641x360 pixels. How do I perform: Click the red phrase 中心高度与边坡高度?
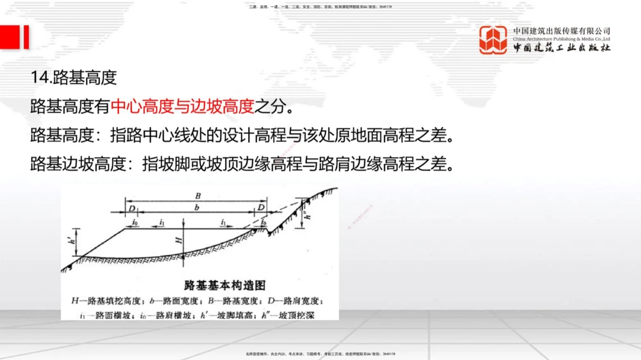point(183,106)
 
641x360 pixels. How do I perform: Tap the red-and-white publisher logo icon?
point(494,40)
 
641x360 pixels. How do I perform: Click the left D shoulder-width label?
point(131,208)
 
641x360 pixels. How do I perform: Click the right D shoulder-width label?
point(261,208)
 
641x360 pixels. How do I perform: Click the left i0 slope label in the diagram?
point(135,222)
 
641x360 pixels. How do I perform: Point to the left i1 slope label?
point(162,222)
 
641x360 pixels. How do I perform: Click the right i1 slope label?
point(224,222)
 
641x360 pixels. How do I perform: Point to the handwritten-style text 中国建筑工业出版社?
point(562,49)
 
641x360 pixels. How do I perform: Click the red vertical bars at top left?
point(14,37)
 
